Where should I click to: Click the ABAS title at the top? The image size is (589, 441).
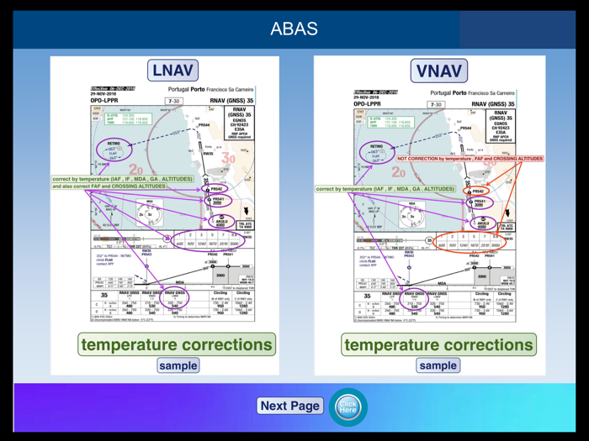(294, 29)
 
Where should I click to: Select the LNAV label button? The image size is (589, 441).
(172, 71)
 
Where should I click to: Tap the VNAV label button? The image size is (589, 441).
(438, 71)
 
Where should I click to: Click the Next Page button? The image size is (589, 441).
(289, 406)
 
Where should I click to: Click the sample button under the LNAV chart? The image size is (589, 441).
(178, 365)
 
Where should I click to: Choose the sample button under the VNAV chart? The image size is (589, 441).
(438, 365)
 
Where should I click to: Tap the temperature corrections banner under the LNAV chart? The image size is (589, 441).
(177, 344)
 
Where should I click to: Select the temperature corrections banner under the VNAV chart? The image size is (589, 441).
(438, 344)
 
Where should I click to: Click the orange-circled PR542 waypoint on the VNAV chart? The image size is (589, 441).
(477, 191)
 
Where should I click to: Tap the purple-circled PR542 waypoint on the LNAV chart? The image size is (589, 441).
(215, 190)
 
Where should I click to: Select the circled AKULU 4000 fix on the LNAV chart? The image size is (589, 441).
(219, 223)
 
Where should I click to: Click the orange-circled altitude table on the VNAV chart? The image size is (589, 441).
(473, 239)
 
